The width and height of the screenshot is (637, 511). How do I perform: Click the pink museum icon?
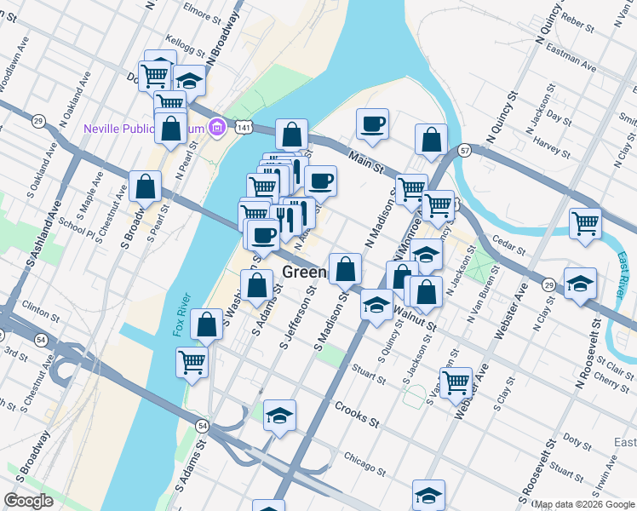(217, 128)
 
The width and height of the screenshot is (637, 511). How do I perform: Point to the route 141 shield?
(244, 126)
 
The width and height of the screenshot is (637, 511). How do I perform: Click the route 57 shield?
(463, 151)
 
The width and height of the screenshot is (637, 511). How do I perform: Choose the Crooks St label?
(356, 414)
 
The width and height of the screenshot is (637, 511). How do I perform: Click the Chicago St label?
(361, 459)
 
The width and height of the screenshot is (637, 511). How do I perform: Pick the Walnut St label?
(416, 319)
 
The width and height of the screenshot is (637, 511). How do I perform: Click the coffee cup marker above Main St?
(372, 124)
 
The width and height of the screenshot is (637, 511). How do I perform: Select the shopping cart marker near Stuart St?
(456, 381)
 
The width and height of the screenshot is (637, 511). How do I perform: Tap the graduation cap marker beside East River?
(580, 283)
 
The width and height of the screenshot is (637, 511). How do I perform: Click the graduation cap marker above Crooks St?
(279, 416)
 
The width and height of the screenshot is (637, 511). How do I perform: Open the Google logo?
(29, 501)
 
